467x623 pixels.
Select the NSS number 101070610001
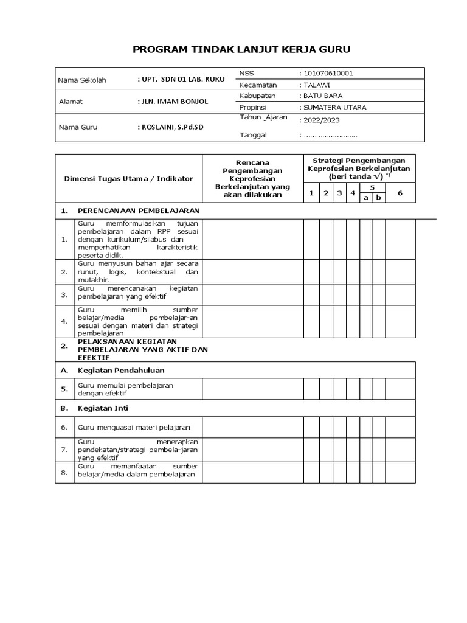tap(328, 73)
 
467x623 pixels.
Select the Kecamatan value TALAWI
tap(317, 85)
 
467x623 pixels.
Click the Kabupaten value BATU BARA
tap(322, 96)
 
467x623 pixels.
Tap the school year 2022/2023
tap(322, 120)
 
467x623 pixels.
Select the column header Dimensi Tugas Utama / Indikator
tap(128, 178)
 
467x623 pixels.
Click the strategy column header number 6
tap(400, 193)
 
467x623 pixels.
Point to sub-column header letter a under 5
tap(365, 198)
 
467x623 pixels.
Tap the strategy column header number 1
tap(311, 193)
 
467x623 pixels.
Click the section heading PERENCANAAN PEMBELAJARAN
tap(138, 211)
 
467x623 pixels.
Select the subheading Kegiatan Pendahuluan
tap(121, 370)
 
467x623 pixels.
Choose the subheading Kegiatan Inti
tap(103, 408)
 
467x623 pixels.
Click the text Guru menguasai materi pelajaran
tap(134, 427)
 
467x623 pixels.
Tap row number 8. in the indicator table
tap(64, 472)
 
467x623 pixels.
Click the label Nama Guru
tap(77, 128)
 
